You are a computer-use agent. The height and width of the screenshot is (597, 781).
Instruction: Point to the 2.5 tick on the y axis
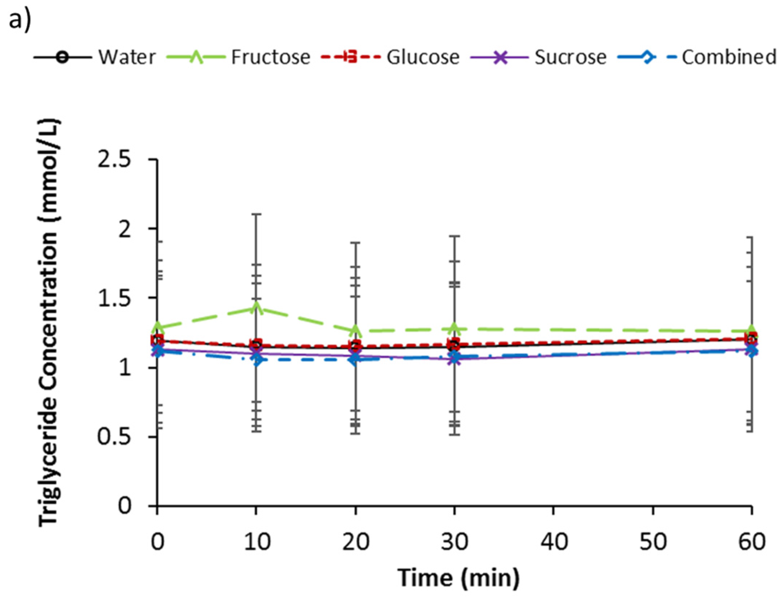point(114,159)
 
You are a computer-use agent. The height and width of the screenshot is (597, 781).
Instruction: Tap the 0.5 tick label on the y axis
point(114,437)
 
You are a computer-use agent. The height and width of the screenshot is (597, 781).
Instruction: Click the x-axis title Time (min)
point(458,578)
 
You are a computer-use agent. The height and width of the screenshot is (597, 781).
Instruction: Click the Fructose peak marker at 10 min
point(256,307)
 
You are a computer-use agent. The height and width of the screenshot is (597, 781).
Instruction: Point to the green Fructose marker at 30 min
point(455,329)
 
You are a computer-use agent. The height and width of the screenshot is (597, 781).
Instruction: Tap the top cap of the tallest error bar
point(256,214)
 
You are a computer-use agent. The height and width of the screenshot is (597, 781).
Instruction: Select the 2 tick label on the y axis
point(124,229)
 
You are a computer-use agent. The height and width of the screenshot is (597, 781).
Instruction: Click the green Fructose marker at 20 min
point(355,330)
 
